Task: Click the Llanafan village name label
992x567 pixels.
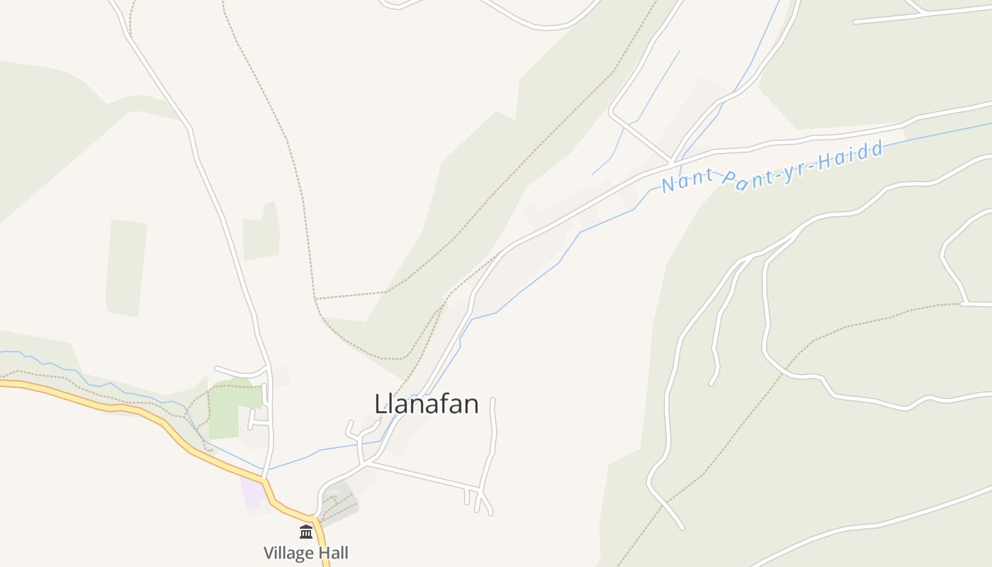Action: click(427, 404)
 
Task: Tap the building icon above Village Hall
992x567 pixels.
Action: click(306, 532)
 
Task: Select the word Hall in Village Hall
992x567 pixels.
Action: click(332, 553)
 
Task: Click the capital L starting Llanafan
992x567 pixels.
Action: click(380, 404)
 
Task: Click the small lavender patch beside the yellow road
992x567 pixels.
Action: click(252, 492)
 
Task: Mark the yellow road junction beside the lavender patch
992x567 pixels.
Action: click(265, 482)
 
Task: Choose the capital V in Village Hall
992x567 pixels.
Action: click(269, 553)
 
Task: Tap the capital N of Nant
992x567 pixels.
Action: click(668, 185)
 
